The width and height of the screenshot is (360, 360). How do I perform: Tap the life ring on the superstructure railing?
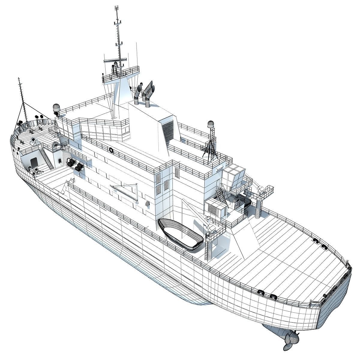pyautogui.click(x=111, y=149)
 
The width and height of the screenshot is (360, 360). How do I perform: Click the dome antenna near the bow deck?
pyautogui.click(x=56, y=108)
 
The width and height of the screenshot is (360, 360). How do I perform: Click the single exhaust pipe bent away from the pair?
pyautogui.click(x=138, y=91)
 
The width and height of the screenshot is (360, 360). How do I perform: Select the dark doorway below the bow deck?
pyautogui.click(x=34, y=162)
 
